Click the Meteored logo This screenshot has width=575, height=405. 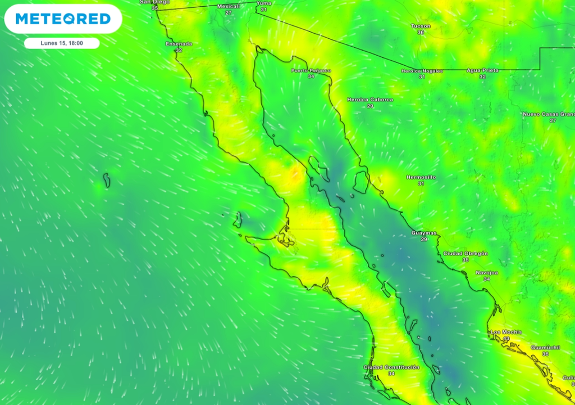click(63, 19)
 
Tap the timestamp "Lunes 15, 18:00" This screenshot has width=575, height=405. click(62, 43)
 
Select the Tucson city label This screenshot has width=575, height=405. click(421, 26)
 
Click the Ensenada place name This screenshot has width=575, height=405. click(179, 44)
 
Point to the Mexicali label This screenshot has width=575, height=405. click(229, 6)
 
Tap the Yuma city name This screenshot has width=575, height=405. click(263, 3)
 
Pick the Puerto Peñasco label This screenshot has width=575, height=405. click(311, 70)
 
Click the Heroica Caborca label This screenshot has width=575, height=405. click(370, 100)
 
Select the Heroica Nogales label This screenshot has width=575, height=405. click(422, 71)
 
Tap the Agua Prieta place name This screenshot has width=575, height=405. click(482, 70)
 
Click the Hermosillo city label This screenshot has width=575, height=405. click(421, 177)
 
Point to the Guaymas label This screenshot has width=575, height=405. click(423, 233)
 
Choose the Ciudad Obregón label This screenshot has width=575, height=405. click(466, 254)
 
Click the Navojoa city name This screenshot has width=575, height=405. click(486, 273)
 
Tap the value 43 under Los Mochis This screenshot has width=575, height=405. click(506, 339)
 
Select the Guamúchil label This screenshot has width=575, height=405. click(545, 348)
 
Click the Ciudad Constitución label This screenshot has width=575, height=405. click(391, 367)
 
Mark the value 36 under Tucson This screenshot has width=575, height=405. click(421, 33)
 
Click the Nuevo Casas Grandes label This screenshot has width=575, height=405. click(547, 114)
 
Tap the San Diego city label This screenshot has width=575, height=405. click(154, 2)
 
